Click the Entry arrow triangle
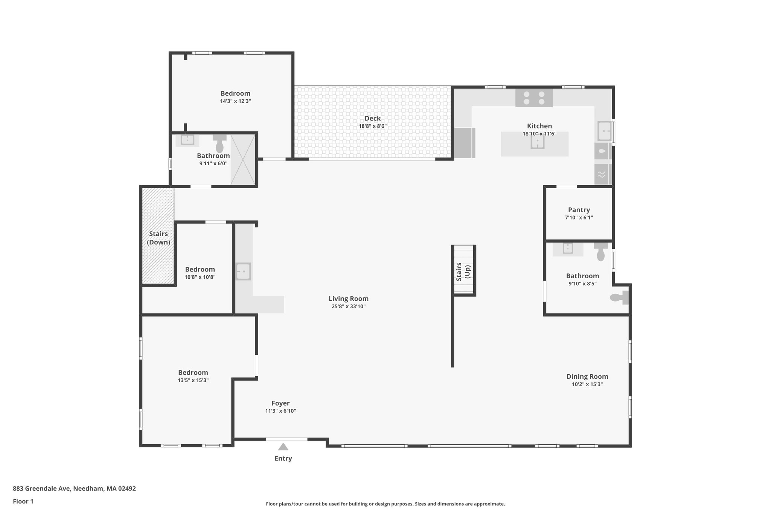click(283, 447)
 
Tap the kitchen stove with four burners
click(534, 98)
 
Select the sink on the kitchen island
click(537, 142)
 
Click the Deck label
click(372, 119)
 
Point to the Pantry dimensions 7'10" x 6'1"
click(579, 218)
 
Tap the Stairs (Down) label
click(158, 238)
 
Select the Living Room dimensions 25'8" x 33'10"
click(348, 307)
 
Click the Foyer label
click(280, 403)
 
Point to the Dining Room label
click(587, 377)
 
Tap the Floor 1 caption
click(23, 501)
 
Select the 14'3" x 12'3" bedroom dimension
click(235, 101)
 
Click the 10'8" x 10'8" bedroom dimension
click(200, 277)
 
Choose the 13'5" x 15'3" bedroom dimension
click(193, 380)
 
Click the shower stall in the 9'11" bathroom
click(243, 160)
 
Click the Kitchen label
click(539, 126)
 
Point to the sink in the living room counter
click(243, 271)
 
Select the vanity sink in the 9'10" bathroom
click(567, 249)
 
